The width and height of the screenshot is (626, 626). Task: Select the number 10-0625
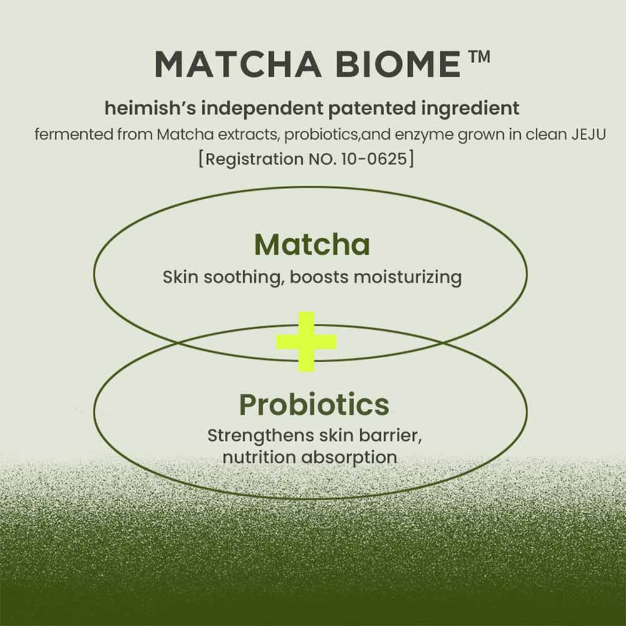(374, 158)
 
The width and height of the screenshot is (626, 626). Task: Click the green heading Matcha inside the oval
(312, 245)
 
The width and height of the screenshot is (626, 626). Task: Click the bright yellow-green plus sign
(307, 342)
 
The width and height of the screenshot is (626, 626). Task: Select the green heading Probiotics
(314, 405)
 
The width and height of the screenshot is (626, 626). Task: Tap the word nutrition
(259, 457)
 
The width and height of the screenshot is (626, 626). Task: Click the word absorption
(349, 457)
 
